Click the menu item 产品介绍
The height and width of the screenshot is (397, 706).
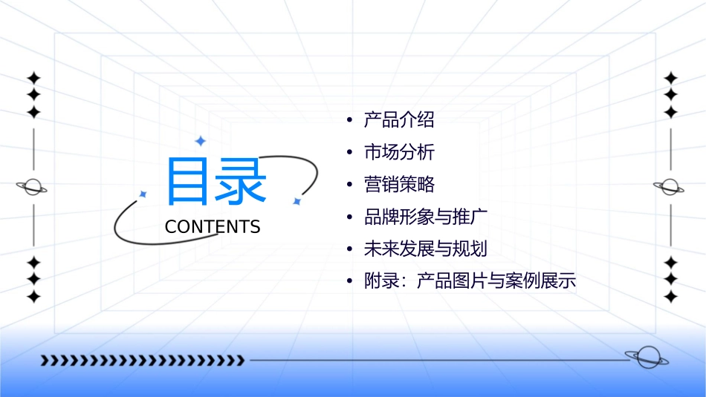[x=398, y=119]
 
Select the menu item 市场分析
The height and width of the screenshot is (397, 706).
[x=398, y=152]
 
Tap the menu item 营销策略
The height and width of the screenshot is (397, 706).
[x=398, y=185]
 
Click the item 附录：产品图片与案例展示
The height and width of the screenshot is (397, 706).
[x=469, y=281]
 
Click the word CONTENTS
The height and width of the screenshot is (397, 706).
[x=213, y=227]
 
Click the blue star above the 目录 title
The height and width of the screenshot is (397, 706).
[x=200, y=141]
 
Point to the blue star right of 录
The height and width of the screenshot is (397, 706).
[x=297, y=201]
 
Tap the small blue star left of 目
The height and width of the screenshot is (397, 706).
[x=143, y=194]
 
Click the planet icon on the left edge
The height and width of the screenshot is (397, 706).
[x=33, y=187]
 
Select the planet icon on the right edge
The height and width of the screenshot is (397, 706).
[x=670, y=187]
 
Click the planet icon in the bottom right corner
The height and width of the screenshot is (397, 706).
[x=645, y=358]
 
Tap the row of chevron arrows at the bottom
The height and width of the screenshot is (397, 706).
[x=142, y=361]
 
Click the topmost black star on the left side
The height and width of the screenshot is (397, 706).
[x=33, y=77]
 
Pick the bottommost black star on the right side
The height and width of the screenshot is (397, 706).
[x=671, y=297]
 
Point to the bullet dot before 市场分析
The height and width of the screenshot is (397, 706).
[x=349, y=153]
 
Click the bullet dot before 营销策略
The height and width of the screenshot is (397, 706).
[x=349, y=185]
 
